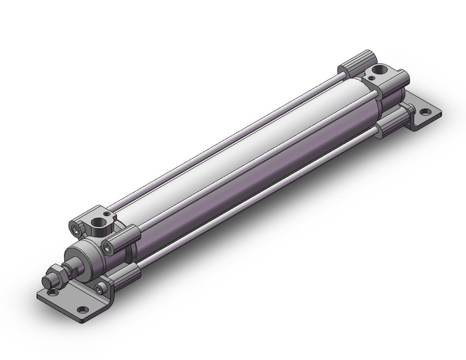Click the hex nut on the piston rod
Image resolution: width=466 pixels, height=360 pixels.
coord(56,272)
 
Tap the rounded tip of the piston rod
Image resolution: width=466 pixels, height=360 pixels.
coord(46,283)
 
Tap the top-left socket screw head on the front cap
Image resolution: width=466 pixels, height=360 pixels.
coord(75,229)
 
